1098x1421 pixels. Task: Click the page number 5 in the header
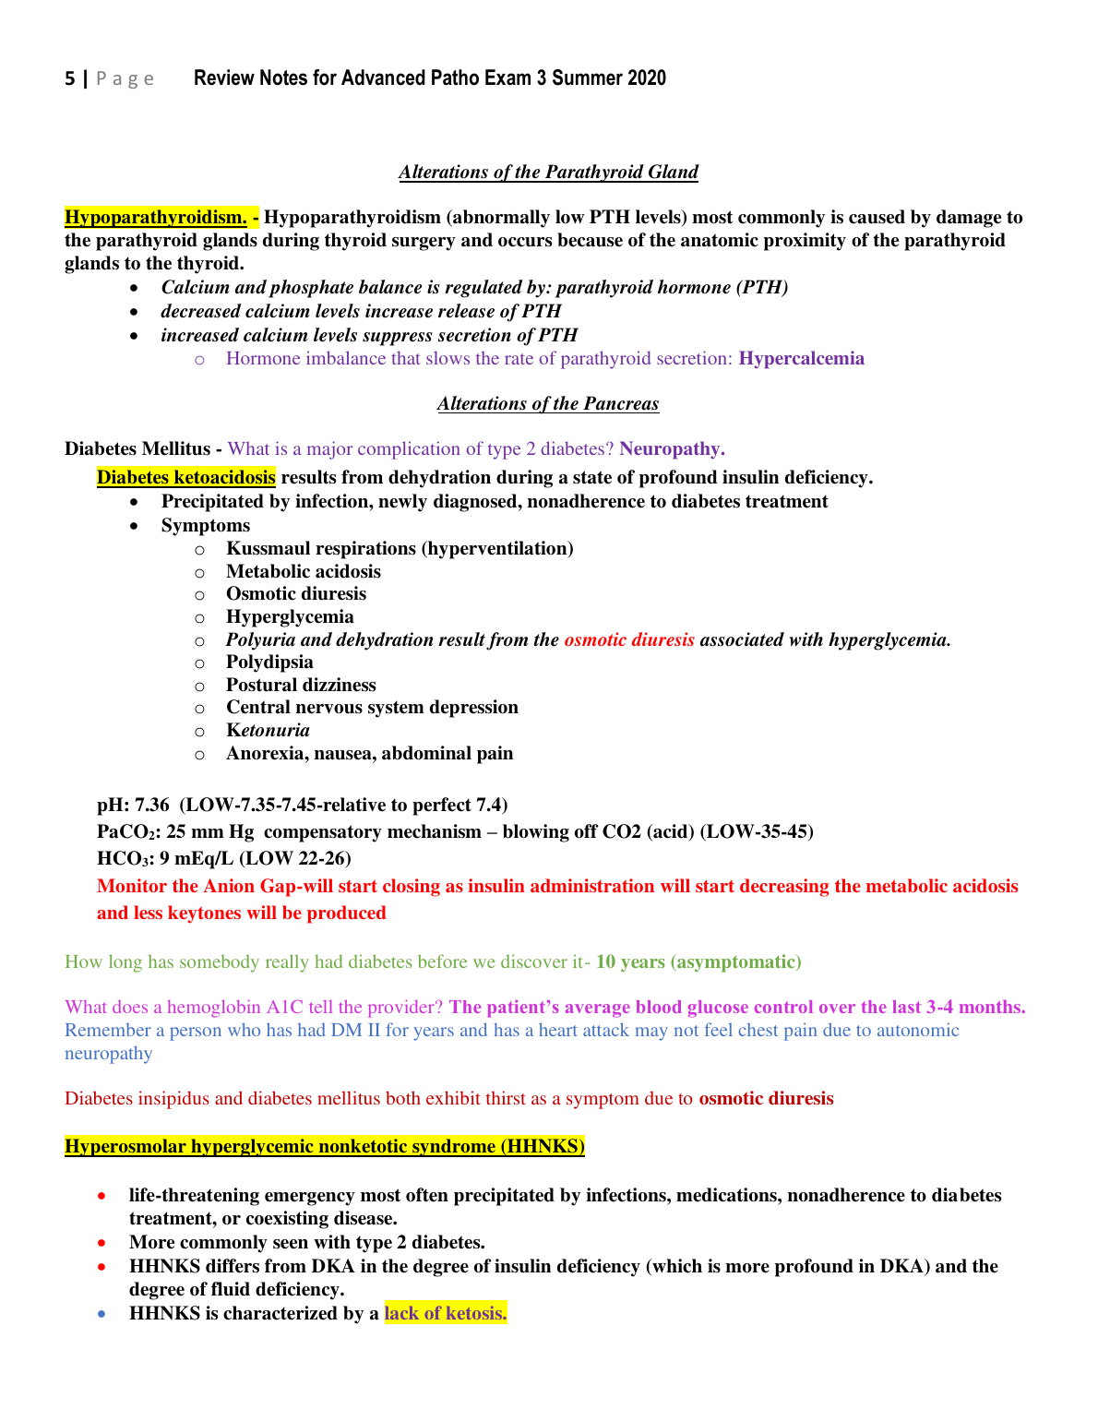70,79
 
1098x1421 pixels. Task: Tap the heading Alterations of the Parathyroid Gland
548,173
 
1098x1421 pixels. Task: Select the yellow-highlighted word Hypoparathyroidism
155,218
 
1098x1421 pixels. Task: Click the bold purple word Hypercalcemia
801,359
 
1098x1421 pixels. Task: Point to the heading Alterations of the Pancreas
548,404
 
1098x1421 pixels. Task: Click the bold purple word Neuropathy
671,449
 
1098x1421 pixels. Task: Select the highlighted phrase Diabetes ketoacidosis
186,477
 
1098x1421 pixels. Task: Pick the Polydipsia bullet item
269,663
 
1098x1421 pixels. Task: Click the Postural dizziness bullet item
301,686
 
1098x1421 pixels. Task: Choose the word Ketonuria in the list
268,731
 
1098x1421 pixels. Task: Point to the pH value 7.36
152,806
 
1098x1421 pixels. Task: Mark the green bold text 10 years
630,962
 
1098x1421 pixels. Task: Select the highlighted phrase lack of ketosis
446,1314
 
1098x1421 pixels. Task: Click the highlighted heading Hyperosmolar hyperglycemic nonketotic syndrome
325,1147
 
